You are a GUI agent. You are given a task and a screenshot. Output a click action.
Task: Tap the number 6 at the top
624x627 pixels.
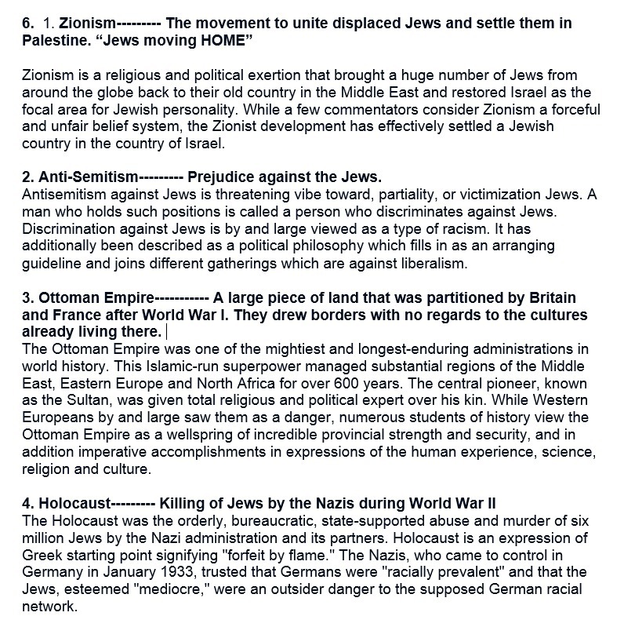point(27,23)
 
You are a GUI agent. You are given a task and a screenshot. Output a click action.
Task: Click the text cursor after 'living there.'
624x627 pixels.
point(167,332)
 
